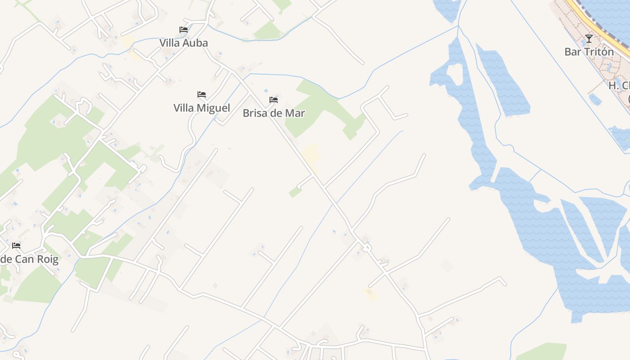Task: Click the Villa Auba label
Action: click(x=184, y=43)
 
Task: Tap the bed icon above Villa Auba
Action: click(x=184, y=30)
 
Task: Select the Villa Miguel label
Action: click(x=202, y=108)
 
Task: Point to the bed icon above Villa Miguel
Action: click(x=202, y=94)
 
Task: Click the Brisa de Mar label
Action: click(x=274, y=113)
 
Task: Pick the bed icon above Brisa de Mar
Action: click(x=274, y=99)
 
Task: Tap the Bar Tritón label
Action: click(x=589, y=52)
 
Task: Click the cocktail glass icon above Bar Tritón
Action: click(x=589, y=39)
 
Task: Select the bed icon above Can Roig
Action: click(x=16, y=246)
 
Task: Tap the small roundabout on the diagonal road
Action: click(x=367, y=247)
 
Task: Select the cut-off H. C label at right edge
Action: click(x=619, y=85)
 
